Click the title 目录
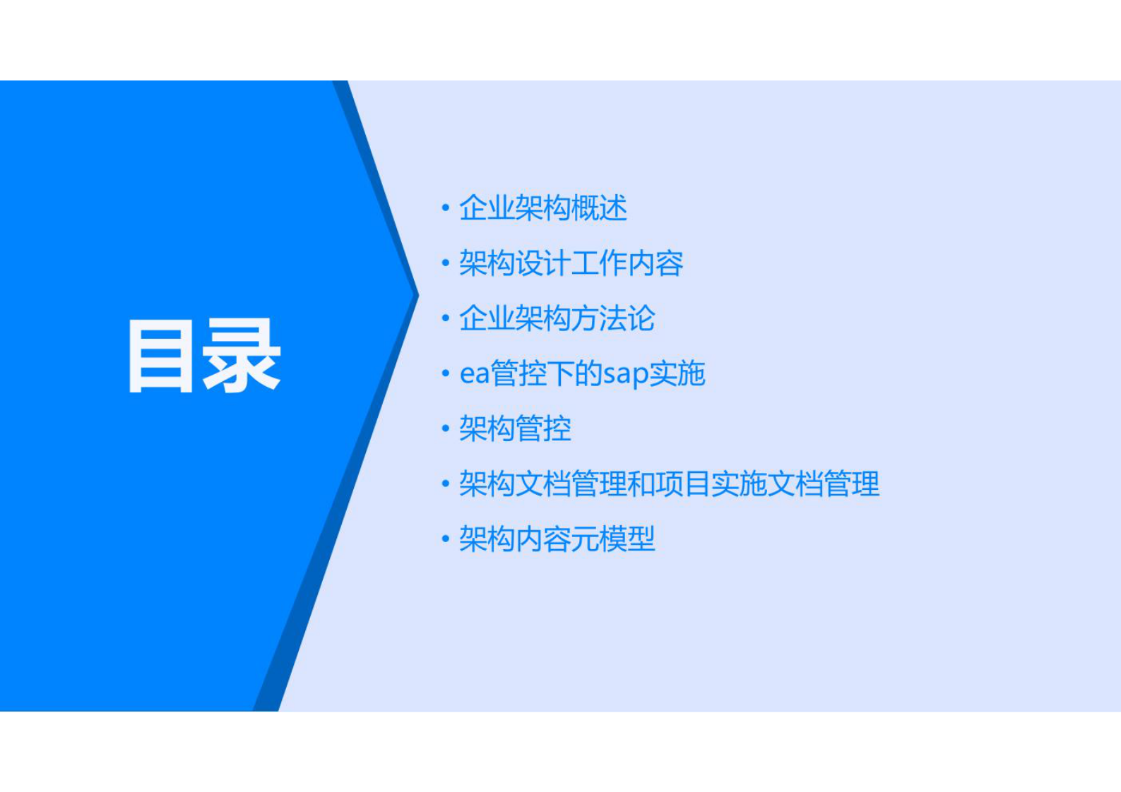point(203,355)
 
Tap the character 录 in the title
point(242,356)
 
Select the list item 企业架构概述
point(542,208)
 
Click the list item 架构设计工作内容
point(571,263)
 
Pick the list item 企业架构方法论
point(557,318)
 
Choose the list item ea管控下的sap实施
point(582,373)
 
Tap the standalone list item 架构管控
point(515,428)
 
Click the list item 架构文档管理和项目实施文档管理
point(669,484)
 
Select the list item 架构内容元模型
point(557,539)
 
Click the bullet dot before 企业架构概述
point(445,208)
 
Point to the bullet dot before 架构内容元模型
point(445,539)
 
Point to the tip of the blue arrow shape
point(417,294)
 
